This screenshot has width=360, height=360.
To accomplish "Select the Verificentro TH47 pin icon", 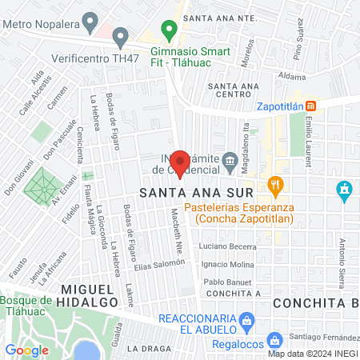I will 121,36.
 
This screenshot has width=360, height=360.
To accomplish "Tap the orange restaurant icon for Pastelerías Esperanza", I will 276,186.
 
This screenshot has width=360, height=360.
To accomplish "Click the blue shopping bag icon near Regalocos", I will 274,340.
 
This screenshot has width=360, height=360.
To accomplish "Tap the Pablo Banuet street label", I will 228,282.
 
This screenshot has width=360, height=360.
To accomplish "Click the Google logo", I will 26,350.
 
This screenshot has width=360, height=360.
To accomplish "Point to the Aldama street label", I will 292,77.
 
